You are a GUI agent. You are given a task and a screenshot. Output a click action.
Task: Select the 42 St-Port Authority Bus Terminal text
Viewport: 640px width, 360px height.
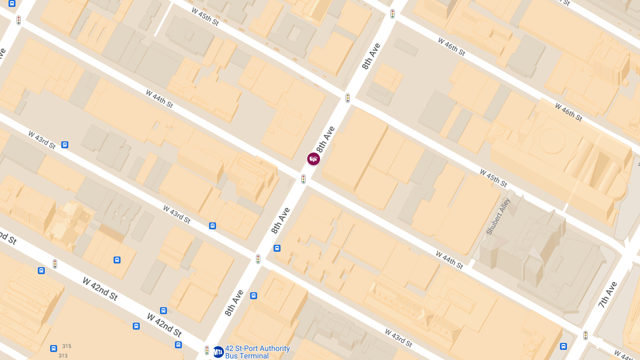click(x=257, y=352)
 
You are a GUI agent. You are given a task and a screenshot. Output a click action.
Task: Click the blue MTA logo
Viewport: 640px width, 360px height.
click(x=218, y=352)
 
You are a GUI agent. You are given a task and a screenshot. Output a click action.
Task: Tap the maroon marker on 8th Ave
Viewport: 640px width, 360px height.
click(x=314, y=159)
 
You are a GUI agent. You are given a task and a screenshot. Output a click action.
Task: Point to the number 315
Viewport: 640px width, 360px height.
click(x=66, y=346)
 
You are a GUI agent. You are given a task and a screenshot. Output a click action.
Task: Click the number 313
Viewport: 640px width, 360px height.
click(x=63, y=356)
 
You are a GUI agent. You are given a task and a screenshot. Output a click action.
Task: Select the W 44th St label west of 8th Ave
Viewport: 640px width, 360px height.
click(x=159, y=99)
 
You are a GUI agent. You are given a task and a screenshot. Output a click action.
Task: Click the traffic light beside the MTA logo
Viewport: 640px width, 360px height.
click(x=207, y=350)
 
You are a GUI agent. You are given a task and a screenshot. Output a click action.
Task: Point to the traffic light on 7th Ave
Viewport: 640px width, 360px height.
click(x=585, y=335)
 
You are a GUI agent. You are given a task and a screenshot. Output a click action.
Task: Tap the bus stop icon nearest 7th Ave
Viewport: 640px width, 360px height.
click(x=563, y=346)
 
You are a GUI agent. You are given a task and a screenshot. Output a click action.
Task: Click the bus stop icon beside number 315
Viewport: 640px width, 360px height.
click(x=53, y=348)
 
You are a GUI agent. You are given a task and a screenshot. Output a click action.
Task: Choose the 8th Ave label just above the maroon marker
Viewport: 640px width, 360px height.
click(x=325, y=139)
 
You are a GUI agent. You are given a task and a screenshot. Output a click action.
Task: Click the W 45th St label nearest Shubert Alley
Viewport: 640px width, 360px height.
click(x=493, y=178)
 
